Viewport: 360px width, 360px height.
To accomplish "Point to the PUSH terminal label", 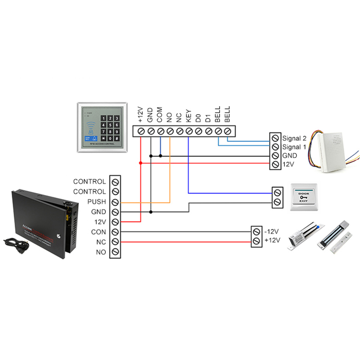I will click(x=97, y=202).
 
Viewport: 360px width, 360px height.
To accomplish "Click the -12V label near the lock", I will click(x=273, y=231).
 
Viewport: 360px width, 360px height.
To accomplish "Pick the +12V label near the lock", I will click(x=273, y=241).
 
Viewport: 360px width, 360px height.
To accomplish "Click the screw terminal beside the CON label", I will click(x=116, y=232).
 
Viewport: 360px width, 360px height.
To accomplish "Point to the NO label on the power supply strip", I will click(x=101, y=252).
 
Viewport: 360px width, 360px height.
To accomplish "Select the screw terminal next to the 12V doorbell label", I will click(x=275, y=165).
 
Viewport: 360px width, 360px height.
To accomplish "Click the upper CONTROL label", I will click(x=90, y=182).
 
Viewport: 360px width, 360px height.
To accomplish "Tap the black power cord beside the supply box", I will click(x=13, y=246).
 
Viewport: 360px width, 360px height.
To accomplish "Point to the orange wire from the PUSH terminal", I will click(x=148, y=202).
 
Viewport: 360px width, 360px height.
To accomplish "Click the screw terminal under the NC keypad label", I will click(x=180, y=131).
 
